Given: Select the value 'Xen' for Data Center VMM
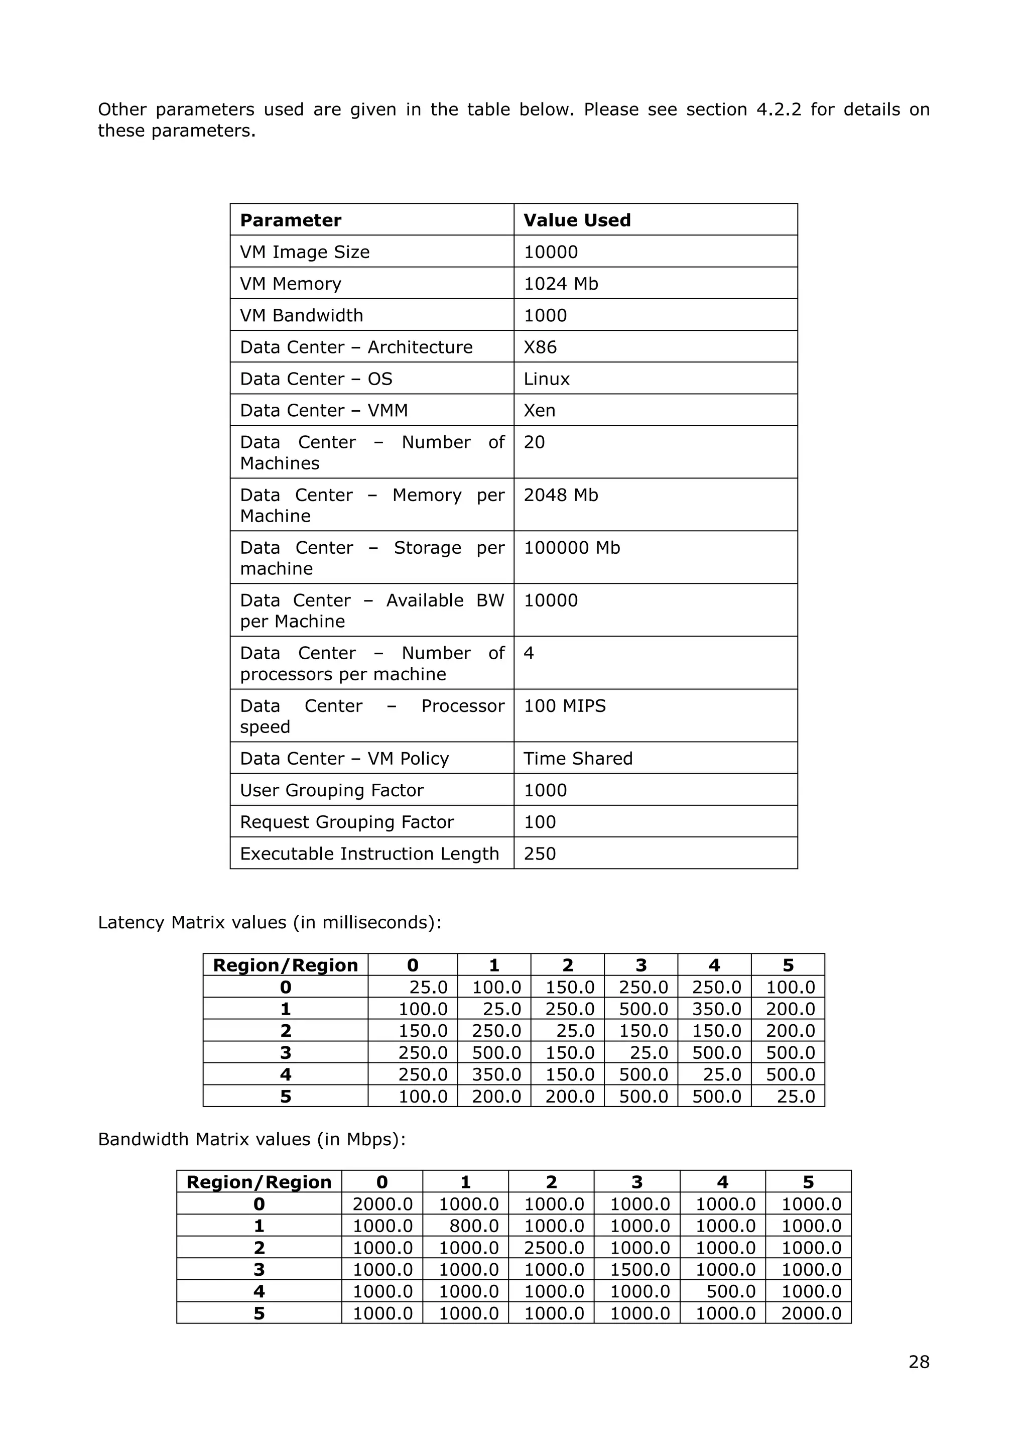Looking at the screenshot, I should click(x=539, y=410).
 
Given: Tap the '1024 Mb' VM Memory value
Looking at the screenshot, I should click(x=561, y=283).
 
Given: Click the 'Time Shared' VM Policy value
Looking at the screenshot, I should click(x=578, y=758).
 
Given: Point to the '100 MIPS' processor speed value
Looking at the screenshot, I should click(x=564, y=705).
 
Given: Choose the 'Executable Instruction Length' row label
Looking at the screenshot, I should click(x=369, y=853).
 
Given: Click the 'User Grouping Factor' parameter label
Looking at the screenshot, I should click(x=331, y=790).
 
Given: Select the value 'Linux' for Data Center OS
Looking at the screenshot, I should click(x=546, y=379).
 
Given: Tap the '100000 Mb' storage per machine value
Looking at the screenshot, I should click(x=571, y=548).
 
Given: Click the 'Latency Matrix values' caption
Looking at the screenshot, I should click(x=269, y=922).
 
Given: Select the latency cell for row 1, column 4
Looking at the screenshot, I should click(x=716, y=1009).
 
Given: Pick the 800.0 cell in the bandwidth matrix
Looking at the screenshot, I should click(x=474, y=1226).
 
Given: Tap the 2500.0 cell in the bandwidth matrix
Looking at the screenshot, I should click(x=554, y=1248).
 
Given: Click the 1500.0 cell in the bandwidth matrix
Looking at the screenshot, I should click(x=639, y=1269).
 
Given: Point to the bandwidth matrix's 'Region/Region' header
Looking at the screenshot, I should click(x=259, y=1182).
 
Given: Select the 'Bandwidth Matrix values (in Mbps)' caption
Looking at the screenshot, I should click(x=251, y=1139).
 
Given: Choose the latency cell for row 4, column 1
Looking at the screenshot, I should click(x=496, y=1074).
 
